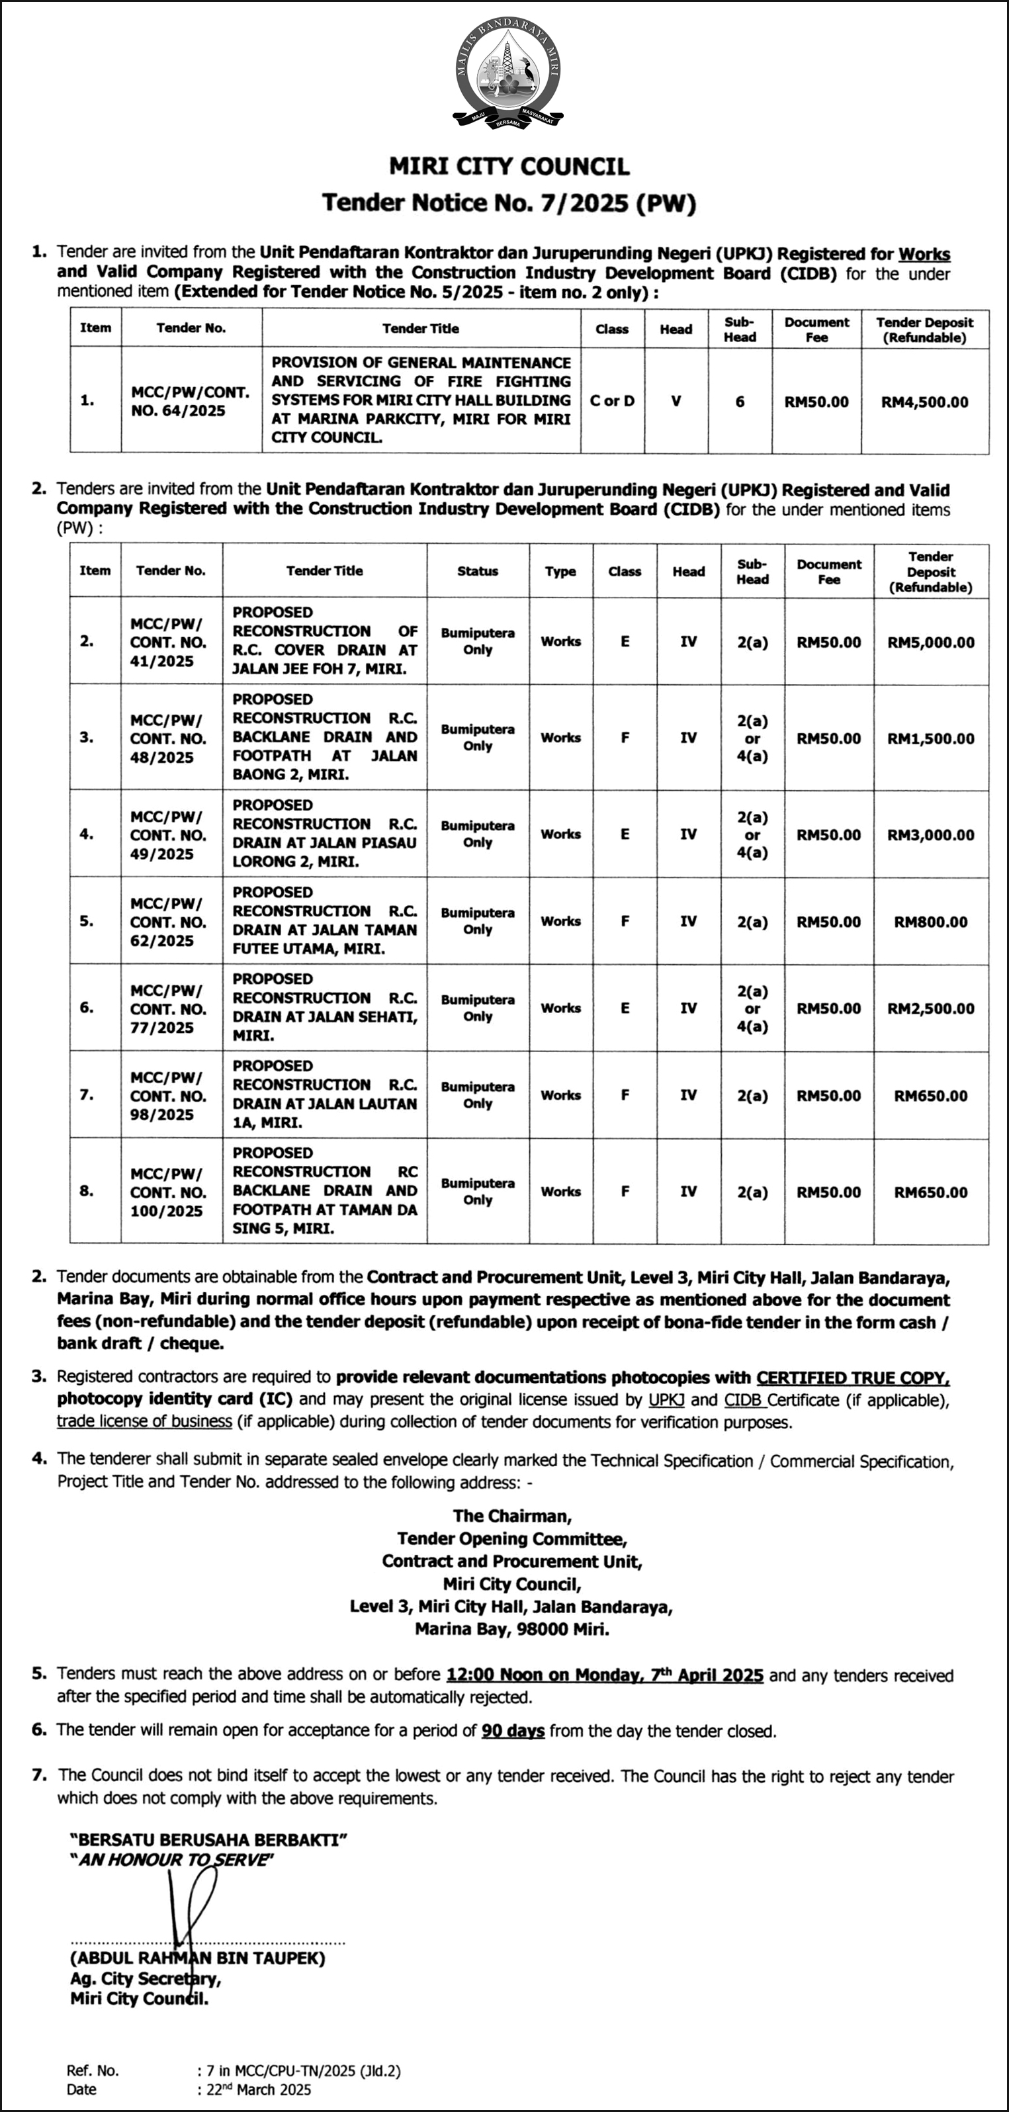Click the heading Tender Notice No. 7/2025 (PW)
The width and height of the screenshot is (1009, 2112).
pyautogui.click(x=508, y=202)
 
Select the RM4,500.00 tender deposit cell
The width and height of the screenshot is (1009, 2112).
pyautogui.click(x=924, y=402)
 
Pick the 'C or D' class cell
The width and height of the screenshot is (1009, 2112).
pyautogui.click(x=611, y=401)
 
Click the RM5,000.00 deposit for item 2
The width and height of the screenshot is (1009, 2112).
pyautogui.click(x=930, y=642)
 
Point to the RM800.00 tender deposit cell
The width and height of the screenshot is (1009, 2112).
pyautogui.click(x=930, y=922)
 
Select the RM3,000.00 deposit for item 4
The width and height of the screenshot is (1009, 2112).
pyautogui.click(x=930, y=834)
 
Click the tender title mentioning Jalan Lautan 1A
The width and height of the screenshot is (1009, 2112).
pyautogui.click(x=325, y=1094)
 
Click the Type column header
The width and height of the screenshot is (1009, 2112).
pyautogui.click(x=560, y=572)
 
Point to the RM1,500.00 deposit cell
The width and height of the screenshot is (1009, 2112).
pyautogui.click(x=930, y=738)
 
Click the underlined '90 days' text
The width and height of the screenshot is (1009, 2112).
pyautogui.click(x=513, y=1731)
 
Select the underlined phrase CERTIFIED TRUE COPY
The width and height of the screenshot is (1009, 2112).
pyautogui.click(x=852, y=1378)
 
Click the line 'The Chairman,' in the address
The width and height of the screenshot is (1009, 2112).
pyautogui.click(x=511, y=1516)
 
